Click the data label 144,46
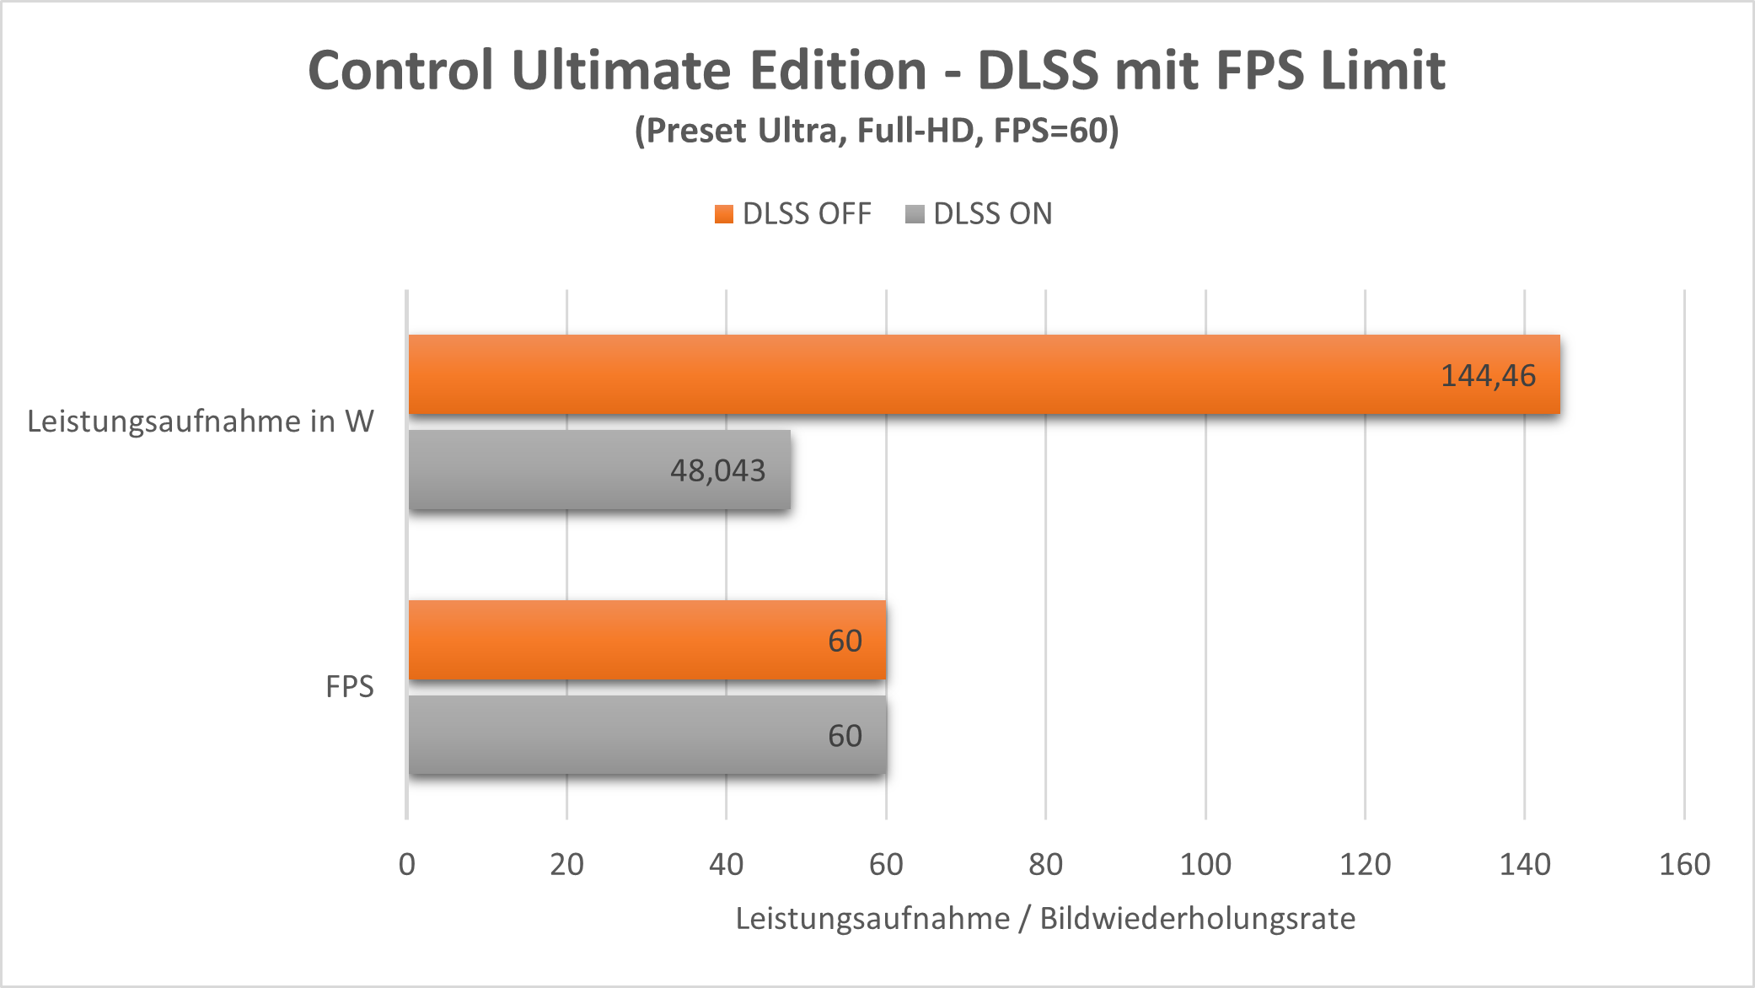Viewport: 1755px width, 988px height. pos(1488,376)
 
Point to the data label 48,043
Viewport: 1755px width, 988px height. pos(717,470)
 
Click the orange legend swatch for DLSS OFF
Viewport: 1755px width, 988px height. pos(723,214)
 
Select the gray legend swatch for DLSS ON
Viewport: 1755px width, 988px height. pos(915,214)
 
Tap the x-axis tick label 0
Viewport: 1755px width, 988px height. pos(407,864)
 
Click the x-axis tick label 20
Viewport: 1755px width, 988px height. pos(566,864)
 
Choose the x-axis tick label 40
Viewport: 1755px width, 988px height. pos(726,864)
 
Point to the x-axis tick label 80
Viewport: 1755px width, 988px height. pos(1045,864)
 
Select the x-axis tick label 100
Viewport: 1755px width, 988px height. pos(1205,864)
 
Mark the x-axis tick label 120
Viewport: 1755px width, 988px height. pos(1365,864)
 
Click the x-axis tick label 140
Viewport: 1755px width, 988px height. pos(1525,864)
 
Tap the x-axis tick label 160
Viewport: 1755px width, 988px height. pos(1684,864)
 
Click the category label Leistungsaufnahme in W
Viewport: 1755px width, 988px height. pos(201,422)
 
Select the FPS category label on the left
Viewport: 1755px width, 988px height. pos(350,687)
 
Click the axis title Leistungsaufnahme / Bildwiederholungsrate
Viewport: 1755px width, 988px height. pos(1045,918)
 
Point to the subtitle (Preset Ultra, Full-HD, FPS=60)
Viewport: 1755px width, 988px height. pos(877,131)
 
